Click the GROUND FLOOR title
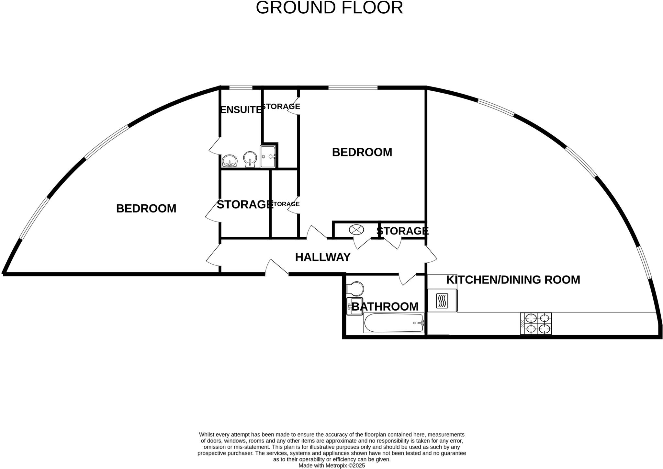click(329, 8)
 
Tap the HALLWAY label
click(323, 257)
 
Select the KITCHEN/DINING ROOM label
click(513, 280)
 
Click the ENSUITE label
click(240, 110)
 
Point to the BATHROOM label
click(385, 306)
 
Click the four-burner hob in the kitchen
click(536, 324)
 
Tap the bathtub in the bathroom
click(394, 323)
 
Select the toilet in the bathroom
click(355, 288)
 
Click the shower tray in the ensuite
click(268, 156)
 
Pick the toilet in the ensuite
click(250, 159)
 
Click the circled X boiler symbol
click(356, 230)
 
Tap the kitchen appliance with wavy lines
click(442, 301)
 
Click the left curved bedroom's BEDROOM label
click(146, 209)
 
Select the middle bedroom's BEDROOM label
click(362, 152)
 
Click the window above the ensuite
click(241, 87)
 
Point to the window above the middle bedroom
click(353, 87)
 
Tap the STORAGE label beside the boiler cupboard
click(402, 231)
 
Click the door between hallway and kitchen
click(431, 254)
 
